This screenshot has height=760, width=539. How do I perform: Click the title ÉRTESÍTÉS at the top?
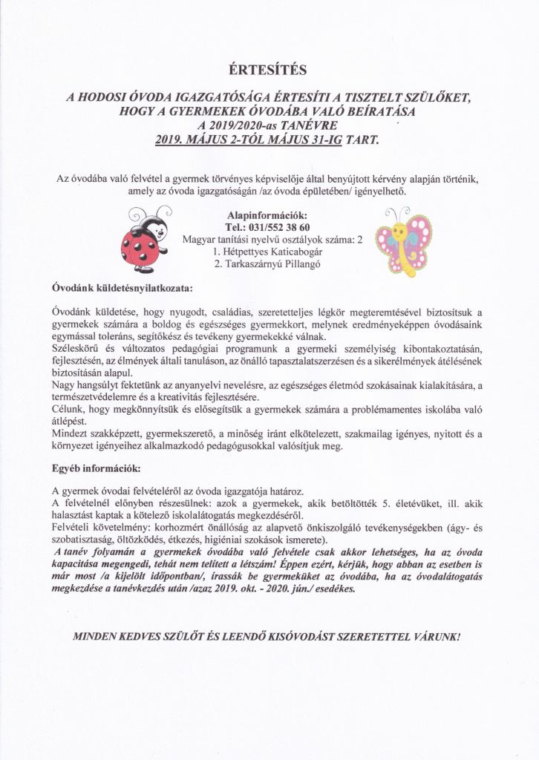[269, 71]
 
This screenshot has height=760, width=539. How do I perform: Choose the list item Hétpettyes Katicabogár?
[272, 252]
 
